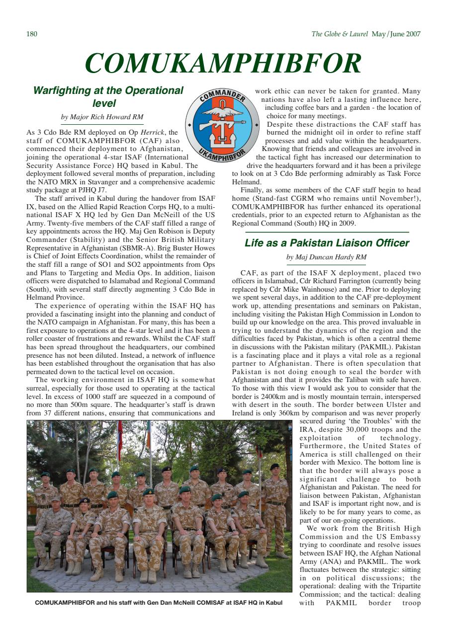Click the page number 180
(32, 34)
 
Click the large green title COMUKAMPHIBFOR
(222, 64)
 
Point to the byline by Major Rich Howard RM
(102, 117)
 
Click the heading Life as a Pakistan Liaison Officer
(327, 243)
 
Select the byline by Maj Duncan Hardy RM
(326, 257)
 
